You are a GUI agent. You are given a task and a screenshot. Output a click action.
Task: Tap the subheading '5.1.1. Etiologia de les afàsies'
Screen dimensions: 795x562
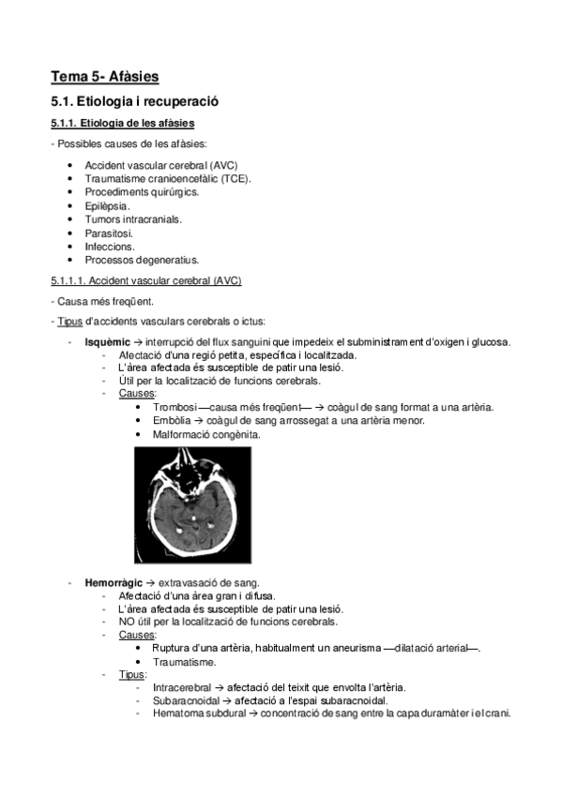point(123,123)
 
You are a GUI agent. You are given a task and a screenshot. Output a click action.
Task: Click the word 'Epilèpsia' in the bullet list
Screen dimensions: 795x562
point(107,205)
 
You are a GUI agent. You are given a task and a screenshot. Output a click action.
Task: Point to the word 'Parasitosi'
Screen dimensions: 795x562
point(109,232)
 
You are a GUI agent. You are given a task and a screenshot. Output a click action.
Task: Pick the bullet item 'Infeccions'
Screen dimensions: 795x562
point(110,246)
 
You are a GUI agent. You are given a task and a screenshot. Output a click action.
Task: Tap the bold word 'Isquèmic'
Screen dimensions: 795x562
point(106,341)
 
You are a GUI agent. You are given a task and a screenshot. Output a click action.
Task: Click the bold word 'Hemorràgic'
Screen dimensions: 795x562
point(113,582)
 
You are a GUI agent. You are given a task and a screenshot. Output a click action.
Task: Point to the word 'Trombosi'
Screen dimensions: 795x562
point(175,407)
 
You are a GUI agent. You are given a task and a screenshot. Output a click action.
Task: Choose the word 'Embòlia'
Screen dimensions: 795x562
point(173,421)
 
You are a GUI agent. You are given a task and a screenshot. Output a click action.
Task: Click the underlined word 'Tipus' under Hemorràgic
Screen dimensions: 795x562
point(132,674)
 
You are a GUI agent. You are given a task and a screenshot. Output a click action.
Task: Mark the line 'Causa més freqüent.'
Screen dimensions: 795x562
point(106,302)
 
